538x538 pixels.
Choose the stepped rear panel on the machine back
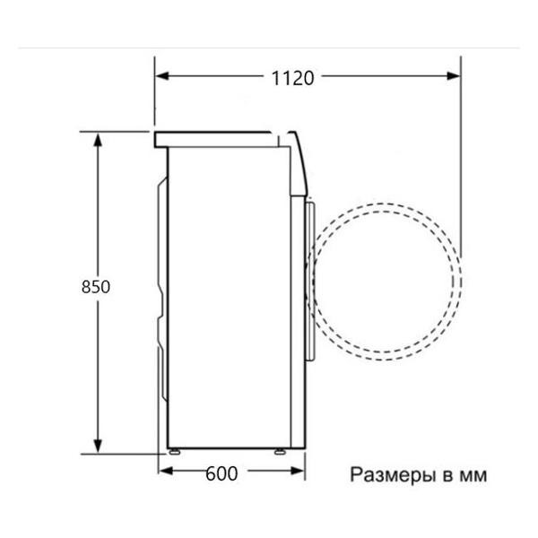[x=161, y=287]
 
